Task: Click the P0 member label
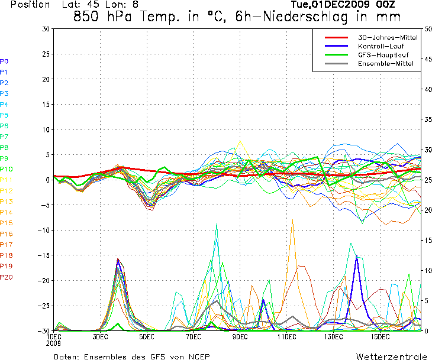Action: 4,61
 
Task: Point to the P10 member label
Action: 7,169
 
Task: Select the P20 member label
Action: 7,277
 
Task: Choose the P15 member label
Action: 7,223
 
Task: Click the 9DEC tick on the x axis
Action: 240,337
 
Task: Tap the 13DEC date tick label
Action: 333,337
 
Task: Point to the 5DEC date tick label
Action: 147,337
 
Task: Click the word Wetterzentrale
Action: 392,356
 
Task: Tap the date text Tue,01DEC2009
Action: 323,5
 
